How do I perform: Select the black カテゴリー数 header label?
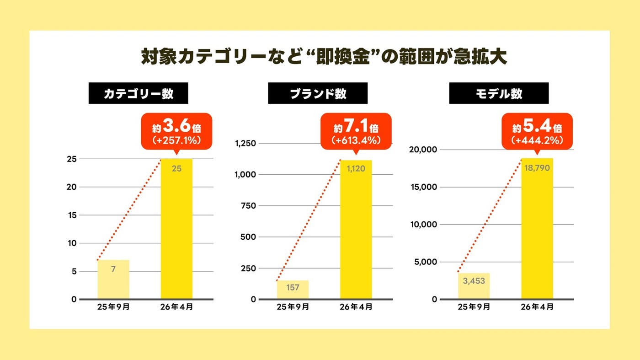tap(138, 93)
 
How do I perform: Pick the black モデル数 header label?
tap(498, 93)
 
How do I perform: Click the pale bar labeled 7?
tap(113, 279)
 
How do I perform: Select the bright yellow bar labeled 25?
tap(176, 229)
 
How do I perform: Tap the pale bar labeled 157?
tap(293, 290)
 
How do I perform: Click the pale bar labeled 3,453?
tap(474, 286)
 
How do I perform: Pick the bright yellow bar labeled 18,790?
tap(537, 229)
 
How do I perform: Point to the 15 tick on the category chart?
tap(71, 215)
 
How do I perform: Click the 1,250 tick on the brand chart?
tap(245, 143)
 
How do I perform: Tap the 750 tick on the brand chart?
tap(249, 206)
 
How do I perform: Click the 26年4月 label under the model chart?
tap(537, 307)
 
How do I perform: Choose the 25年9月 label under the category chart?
tap(113, 307)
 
